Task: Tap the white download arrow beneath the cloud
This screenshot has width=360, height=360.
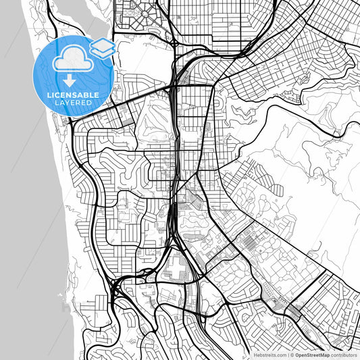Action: click(70, 80)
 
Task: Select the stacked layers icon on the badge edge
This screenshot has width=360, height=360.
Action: click(102, 47)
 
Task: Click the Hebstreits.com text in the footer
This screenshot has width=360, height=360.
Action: click(269, 353)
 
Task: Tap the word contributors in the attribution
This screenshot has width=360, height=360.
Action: click(345, 353)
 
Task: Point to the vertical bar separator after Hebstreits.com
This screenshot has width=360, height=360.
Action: click(286, 353)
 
